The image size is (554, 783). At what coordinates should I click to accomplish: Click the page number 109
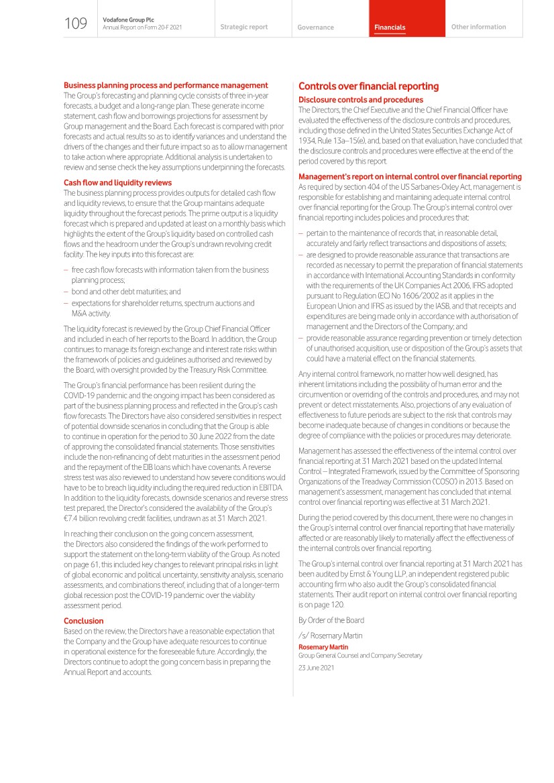pyautogui.click(x=76, y=25)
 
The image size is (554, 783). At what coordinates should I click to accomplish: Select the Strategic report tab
pyautogui.click(x=244, y=27)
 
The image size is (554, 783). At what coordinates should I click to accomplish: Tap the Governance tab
pyautogui.click(x=315, y=27)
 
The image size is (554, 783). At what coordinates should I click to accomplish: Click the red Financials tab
pyautogui.click(x=390, y=27)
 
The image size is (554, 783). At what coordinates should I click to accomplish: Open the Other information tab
pyautogui.click(x=479, y=27)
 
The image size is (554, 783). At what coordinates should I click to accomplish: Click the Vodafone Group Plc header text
pyautogui.click(x=128, y=20)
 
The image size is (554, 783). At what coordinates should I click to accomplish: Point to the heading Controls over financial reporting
pyautogui.click(x=368, y=86)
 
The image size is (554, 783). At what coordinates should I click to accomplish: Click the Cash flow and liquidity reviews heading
pyautogui.click(x=117, y=182)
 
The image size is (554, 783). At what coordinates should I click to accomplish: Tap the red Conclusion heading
pyautogui.click(x=84, y=621)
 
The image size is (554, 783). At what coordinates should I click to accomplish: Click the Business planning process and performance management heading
pyautogui.click(x=166, y=85)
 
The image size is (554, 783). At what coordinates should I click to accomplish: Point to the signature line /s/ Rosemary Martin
pyautogui.click(x=330, y=636)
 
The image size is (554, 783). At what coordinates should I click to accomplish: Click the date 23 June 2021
pyautogui.click(x=316, y=668)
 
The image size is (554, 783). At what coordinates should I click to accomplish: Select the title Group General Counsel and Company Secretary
pyautogui.click(x=360, y=656)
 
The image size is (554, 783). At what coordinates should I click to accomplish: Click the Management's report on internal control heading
pyautogui.click(x=410, y=176)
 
